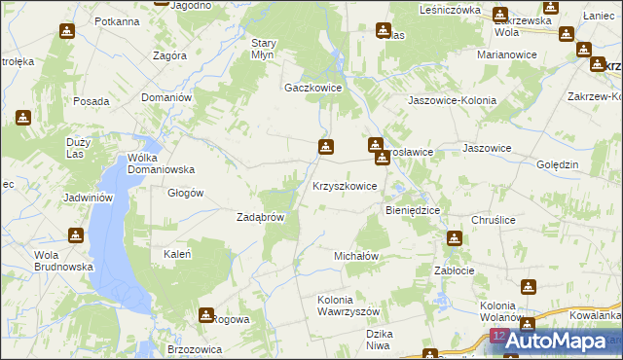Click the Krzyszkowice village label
pos(344,185)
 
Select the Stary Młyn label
pos(266,49)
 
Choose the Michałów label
pos(355,255)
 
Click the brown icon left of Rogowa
pos(206,315)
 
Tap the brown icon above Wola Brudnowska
pos(75,235)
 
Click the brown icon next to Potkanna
pos(66,29)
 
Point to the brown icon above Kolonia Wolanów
pos(529,287)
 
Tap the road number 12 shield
pos(498,336)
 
